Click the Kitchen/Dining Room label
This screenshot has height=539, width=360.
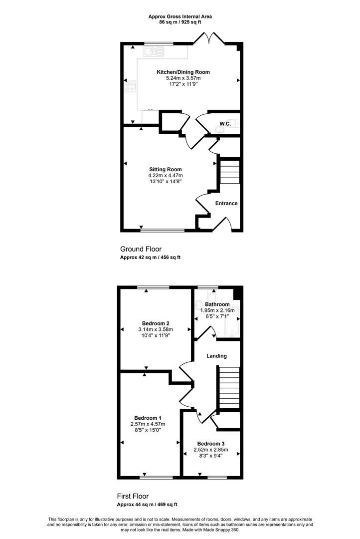coord(183,72)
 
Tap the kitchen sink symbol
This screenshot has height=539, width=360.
coord(154,51)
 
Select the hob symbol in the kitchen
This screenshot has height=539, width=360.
coord(130,86)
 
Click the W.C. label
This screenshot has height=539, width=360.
coord(225,123)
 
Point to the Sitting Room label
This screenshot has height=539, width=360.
coord(166,170)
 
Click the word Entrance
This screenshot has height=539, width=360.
coord(226,203)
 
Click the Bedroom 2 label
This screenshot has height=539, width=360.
coord(156,323)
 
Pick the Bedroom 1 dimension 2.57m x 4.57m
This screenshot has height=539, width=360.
coord(148,424)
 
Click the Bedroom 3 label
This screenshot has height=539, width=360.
coord(211,444)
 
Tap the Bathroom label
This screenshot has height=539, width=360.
coord(217,304)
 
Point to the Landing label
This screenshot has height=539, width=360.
coord(216,356)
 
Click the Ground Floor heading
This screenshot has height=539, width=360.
coord(141,249)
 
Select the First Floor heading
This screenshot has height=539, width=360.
coord(133,496)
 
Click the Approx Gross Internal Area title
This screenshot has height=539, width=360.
coord(180,16)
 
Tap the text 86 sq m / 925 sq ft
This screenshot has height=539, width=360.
coord(180,22)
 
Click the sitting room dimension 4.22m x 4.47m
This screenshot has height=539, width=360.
coord(166,175)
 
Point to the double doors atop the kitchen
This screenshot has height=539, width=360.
coord(209,38)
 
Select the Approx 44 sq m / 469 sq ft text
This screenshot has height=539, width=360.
coord(147,505)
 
